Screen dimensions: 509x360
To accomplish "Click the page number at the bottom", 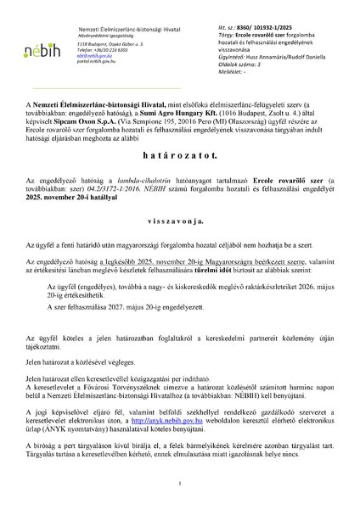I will click(180, 484).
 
